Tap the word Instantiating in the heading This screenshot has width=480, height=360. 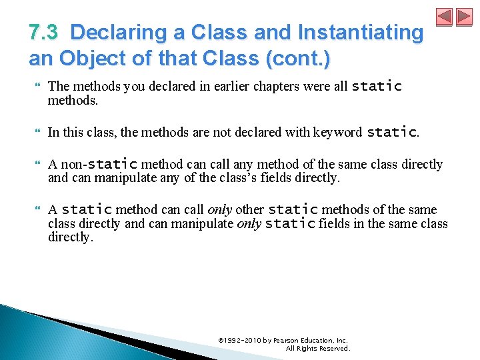pyautogui.click(x=361, y=32)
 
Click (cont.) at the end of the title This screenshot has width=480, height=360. pyautogui.click(x=298, y=59)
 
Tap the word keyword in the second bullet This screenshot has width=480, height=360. pyautogui.click(x=336, y=133)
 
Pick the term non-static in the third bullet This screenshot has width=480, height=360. pyautogui.click(x=99, y=164)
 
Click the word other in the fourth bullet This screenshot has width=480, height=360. pyautogui.click(x=250, y=210)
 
